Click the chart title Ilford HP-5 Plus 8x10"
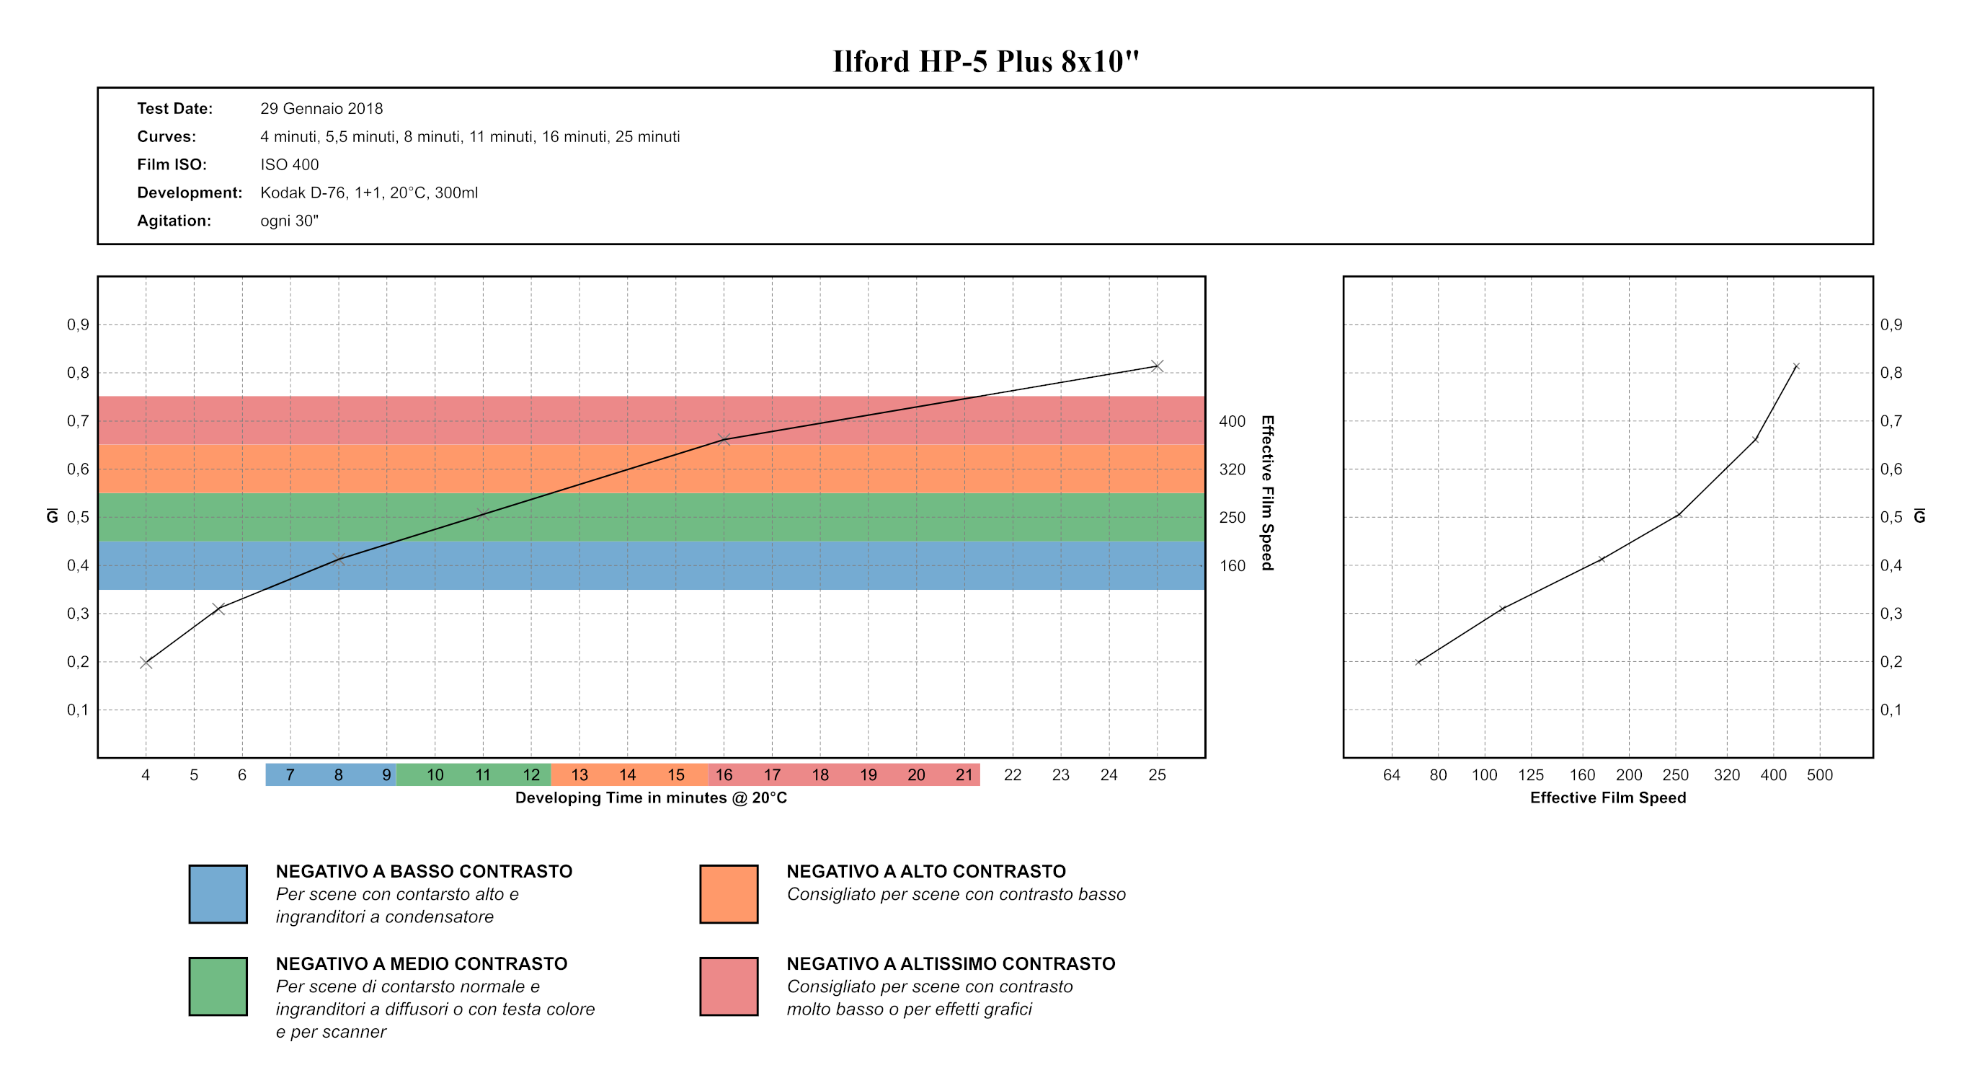(x=985, y=61)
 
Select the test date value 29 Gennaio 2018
(x=321, y=109)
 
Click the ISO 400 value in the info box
(x=289, y=164)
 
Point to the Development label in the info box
(x=189, y=193)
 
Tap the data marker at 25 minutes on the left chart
(x=1157, y=366)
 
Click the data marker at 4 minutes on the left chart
(x=146, y=663)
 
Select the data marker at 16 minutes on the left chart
(x=724, y=439)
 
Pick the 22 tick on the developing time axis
(x=1012, y=774)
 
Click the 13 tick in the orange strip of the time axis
(x=579, y=774)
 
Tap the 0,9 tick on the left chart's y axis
(x=78, y=324)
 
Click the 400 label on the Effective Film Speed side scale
(x=1232, y=421)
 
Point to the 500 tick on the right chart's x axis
(x=1819, y=774)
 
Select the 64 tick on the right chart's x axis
(x=1391, y=774)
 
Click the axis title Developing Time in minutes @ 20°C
(x=651, y=798)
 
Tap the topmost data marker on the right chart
(x=1796, y=367)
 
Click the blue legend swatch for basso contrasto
(x=218, y=894)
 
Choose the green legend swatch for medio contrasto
(x=218, y=986)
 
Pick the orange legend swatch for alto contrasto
(x=729, y=894)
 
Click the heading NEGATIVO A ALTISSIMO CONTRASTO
(x=951, y=964)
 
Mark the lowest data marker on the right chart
(x=1418, y=662)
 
